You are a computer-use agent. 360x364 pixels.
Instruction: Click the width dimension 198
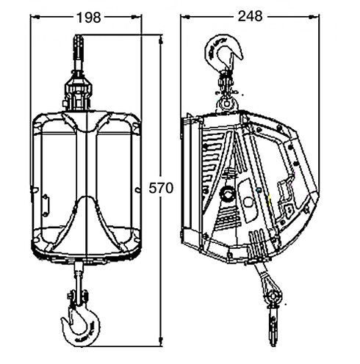point(85,15)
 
